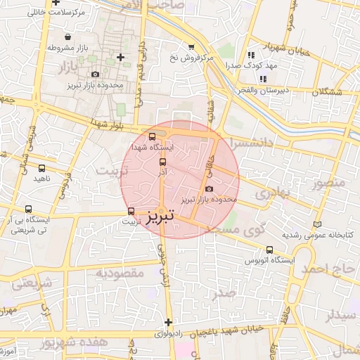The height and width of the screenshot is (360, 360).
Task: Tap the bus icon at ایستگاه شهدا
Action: [153, 137]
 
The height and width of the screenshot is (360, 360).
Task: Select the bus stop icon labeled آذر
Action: [163, 162]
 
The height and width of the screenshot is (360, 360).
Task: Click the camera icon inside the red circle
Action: [208, 188]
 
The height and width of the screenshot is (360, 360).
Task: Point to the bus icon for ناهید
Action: [42, 168]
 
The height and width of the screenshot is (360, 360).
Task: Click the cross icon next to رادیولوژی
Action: [168, 322]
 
